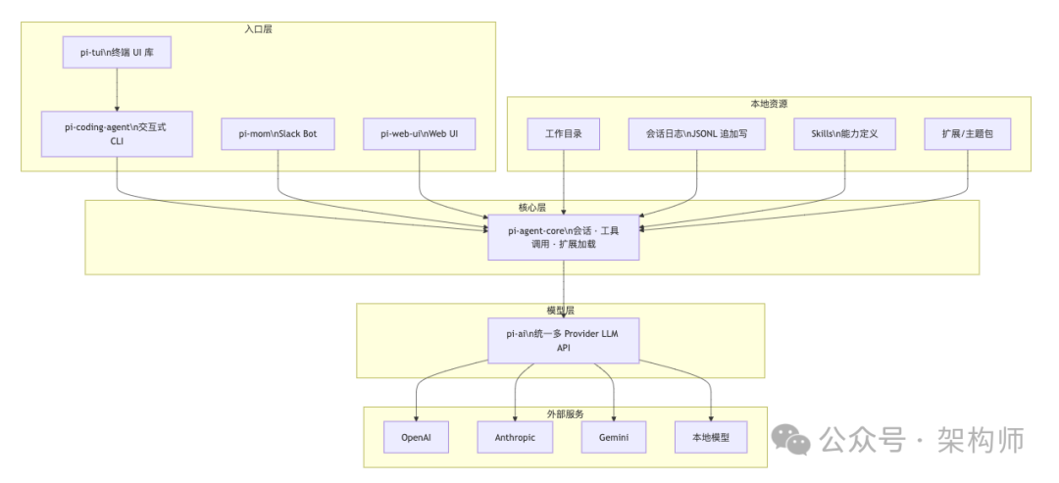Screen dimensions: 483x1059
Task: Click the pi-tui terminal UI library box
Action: point(117,52)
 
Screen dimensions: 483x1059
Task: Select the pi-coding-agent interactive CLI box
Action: point(117,133)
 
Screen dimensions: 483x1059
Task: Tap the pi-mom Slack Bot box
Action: point(278,133)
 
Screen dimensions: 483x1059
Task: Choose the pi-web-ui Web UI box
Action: point(419,133)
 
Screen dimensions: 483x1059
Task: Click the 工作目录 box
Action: point(563,133)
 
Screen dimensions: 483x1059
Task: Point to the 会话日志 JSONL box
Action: point(696,133)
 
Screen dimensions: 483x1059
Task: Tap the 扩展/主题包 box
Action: point(967,133)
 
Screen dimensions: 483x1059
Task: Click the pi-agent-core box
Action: point(564,237)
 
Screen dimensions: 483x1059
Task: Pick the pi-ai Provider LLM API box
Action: point(564,340)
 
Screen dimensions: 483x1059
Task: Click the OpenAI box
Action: point(416,437)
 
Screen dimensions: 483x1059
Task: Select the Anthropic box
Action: point(515,437)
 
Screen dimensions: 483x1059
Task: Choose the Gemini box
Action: point(614,437)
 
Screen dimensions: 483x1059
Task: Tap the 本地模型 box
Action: point(711,437)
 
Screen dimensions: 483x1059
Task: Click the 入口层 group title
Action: point(258,29)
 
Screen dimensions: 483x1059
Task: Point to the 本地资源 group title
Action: point(769,104)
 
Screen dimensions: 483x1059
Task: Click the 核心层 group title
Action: point(531,208)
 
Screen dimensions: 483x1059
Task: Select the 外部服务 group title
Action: point(564,413)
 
